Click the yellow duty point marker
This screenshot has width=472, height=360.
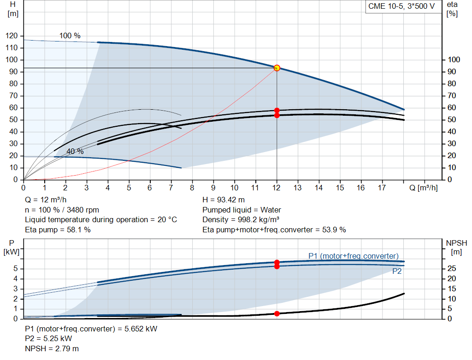pyautogui.click(x=277, y=68)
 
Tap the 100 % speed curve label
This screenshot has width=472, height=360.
pyautogui.click(x=70, y=35)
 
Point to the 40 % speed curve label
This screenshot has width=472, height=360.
pyautogui.click(x=75, y=151)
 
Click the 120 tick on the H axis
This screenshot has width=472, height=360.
pyautogui.click(x=12, y=36)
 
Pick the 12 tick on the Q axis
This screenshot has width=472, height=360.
pyautogui.click(x=277, y=188)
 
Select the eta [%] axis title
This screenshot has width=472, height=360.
pyautogui.click(x=452, y=9)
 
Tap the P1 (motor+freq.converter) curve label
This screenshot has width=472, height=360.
pyautogui.click(x=354, y=256)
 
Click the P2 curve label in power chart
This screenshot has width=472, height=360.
pyautogui.click(x=397, y=271)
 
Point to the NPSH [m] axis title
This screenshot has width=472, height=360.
pyautogui.click(x=456, y=247)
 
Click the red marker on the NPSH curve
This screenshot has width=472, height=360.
pyautogui.click(x=277, y=313)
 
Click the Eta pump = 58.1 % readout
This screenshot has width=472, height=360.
pyautogui.click(x=58, y=229)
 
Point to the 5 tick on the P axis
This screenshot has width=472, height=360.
pyautogui.click(x=16, y=268)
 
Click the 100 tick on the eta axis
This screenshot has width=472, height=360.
pyautogui.click(x=454, y=60)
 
